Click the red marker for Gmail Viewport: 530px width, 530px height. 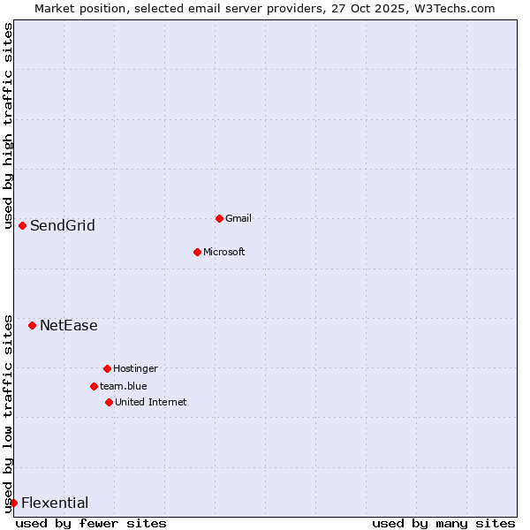click(219, 218)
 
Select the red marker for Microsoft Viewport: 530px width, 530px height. click(197, 252)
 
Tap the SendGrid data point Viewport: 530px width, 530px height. click(22, 225)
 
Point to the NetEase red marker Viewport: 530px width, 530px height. click(32, 325)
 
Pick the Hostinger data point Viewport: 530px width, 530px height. click(107, 368)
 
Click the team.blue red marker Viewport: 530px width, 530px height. click(94, 386)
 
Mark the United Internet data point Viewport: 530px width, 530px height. click(109, 402)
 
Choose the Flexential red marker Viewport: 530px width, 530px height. click(13, 503)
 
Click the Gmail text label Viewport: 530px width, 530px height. click(238, 218)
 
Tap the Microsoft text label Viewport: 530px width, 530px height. click(223, 252)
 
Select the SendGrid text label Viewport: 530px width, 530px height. click(62, 225)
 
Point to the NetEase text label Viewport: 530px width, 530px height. click(68, 325)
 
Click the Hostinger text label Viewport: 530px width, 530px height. click(135, 368)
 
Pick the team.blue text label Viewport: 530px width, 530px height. click(123, 386)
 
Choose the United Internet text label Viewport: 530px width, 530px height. click(150, 402)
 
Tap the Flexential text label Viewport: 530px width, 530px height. click(54, 503)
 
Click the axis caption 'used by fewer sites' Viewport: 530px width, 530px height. click(91, 523)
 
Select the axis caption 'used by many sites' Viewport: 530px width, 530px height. click(443, 523)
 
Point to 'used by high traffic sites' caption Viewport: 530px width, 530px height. click(8, 125)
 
